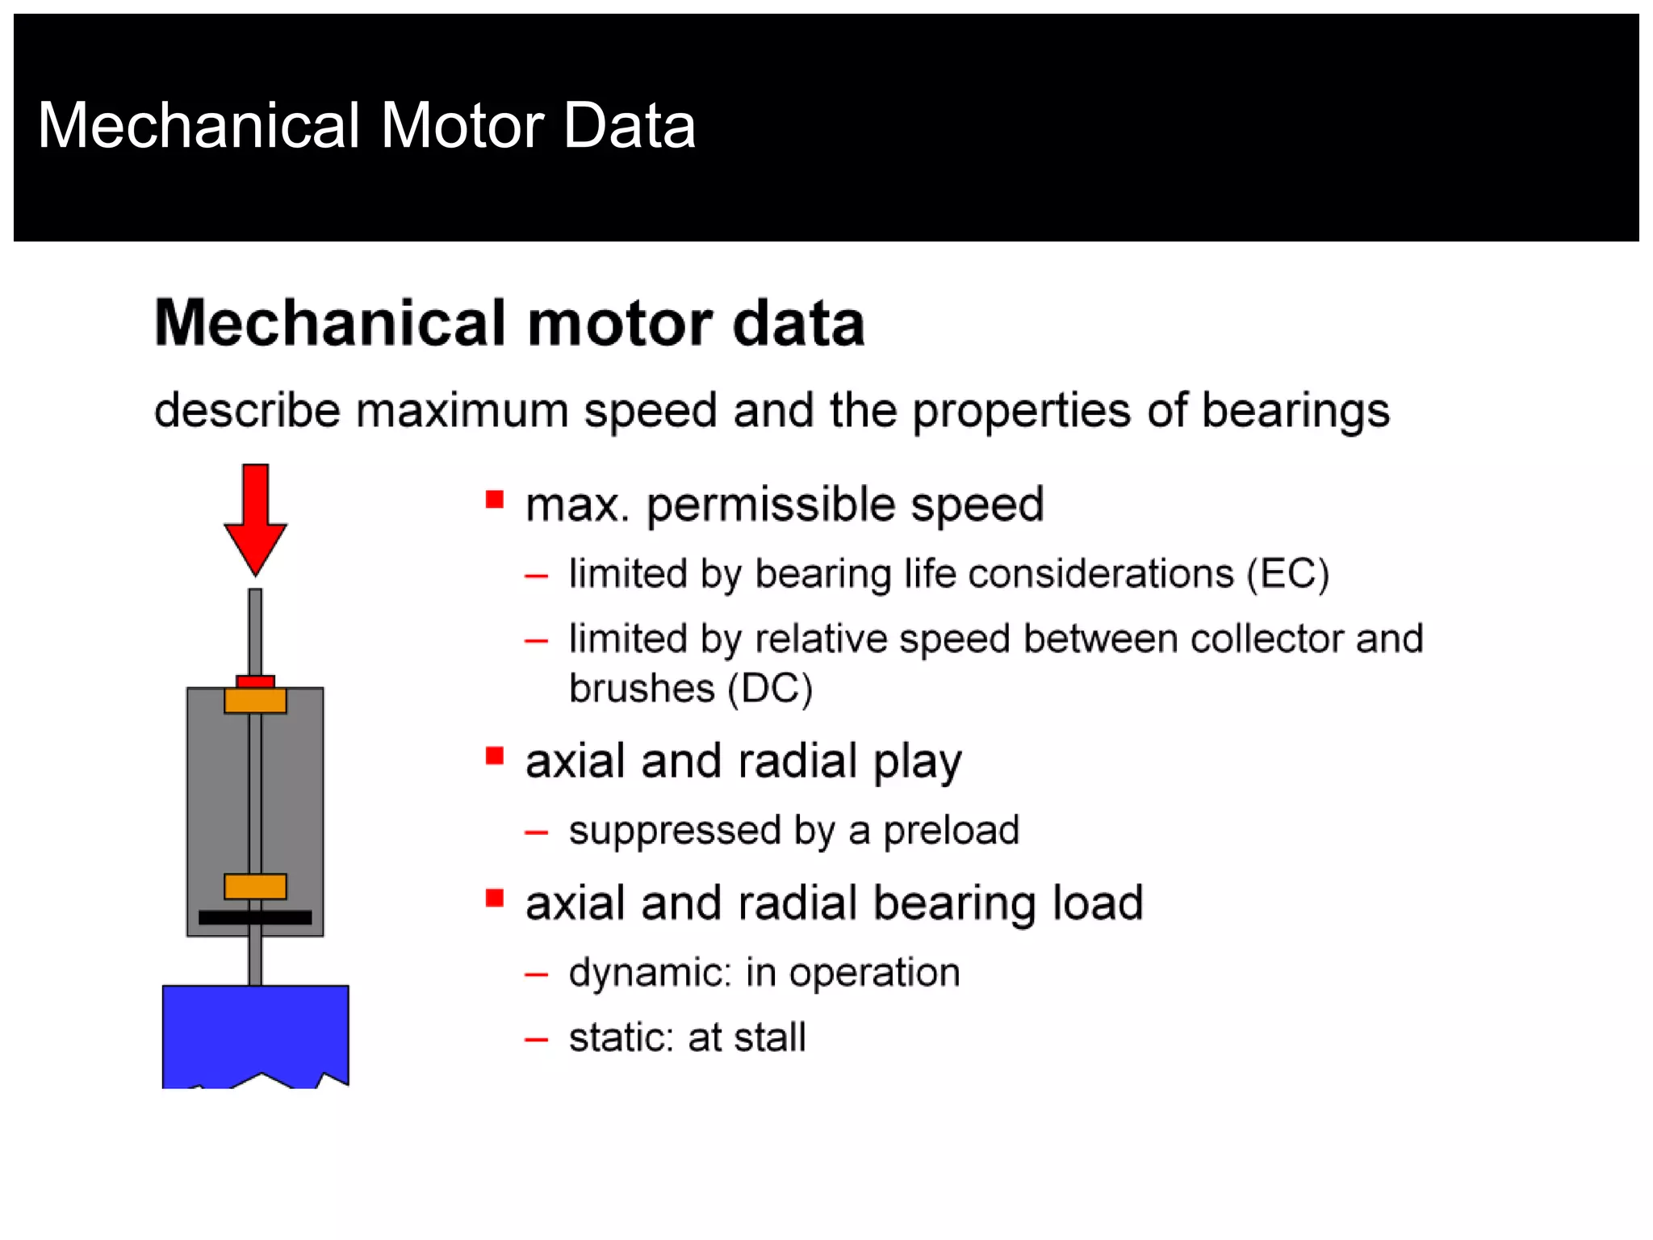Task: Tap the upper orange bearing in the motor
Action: (255, 700)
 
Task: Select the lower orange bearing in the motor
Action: (255, 886)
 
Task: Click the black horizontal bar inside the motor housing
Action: (255, 917)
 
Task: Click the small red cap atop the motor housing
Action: (255, 681)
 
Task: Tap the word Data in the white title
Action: (629, 126)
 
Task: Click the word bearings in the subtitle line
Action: (1295, 410)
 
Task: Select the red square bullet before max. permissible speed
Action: (495, 500)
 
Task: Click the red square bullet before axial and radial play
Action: (495, 756)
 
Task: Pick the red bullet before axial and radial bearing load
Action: (495, 899)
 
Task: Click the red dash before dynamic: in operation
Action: (536, 975)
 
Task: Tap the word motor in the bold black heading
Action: (620, 324)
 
